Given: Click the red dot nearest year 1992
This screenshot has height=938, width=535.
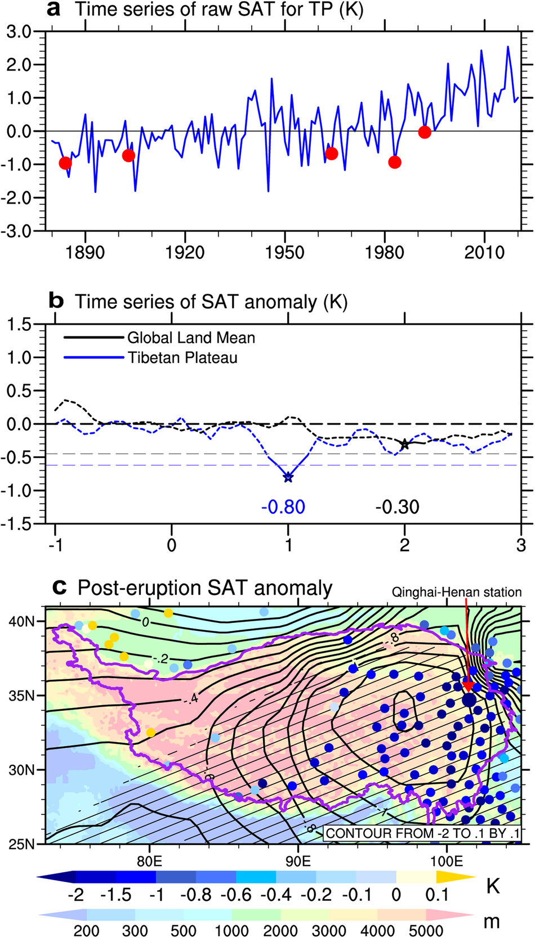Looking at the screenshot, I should pos(425,132).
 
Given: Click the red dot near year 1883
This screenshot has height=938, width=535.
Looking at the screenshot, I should pos(65,163).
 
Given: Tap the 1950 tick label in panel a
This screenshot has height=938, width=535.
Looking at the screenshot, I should pos(285,252).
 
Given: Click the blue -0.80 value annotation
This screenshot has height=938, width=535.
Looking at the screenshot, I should pos(283,507).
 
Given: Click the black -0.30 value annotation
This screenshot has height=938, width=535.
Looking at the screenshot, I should pos(398,507).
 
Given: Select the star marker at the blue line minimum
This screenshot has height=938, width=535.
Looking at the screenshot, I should pos(288,478).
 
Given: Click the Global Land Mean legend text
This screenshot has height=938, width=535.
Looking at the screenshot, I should pos(191,338).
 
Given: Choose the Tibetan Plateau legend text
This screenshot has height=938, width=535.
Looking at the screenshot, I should pos(182,358).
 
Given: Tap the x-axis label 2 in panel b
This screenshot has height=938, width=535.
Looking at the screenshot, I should pos(405,545).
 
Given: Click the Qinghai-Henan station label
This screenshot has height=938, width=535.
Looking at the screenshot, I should pos(457,592).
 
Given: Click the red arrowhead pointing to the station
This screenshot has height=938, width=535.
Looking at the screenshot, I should pos(467,686).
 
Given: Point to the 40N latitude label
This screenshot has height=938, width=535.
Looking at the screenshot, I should pos(21,621).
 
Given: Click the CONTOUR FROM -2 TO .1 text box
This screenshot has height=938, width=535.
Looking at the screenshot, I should pos(422,833).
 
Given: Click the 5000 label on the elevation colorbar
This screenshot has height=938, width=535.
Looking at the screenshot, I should pos(427,930).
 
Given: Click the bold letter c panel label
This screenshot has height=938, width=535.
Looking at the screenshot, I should pos(59,587).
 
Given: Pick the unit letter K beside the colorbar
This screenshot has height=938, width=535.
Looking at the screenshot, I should pos(493,886).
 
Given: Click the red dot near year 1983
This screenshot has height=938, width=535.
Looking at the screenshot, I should pos(395,163).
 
